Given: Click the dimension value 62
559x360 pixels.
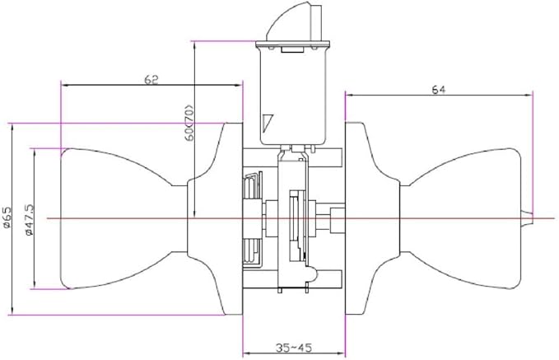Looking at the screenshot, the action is (151, 80).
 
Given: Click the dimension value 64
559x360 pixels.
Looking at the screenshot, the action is (439, 90).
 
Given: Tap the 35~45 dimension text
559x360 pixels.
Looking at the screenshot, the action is (294, 347).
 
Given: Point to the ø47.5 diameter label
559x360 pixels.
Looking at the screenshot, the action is (29, 219).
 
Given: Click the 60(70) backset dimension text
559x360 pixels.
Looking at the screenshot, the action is (189, 123).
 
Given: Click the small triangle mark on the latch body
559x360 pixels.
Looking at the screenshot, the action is (267, 122).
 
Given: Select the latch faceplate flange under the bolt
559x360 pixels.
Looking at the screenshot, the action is (293, 45).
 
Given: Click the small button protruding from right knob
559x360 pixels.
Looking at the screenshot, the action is (527, 217).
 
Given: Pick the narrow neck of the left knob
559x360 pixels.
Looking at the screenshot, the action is (180, 218).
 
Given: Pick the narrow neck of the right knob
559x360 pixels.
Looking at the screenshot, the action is (404, 218).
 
